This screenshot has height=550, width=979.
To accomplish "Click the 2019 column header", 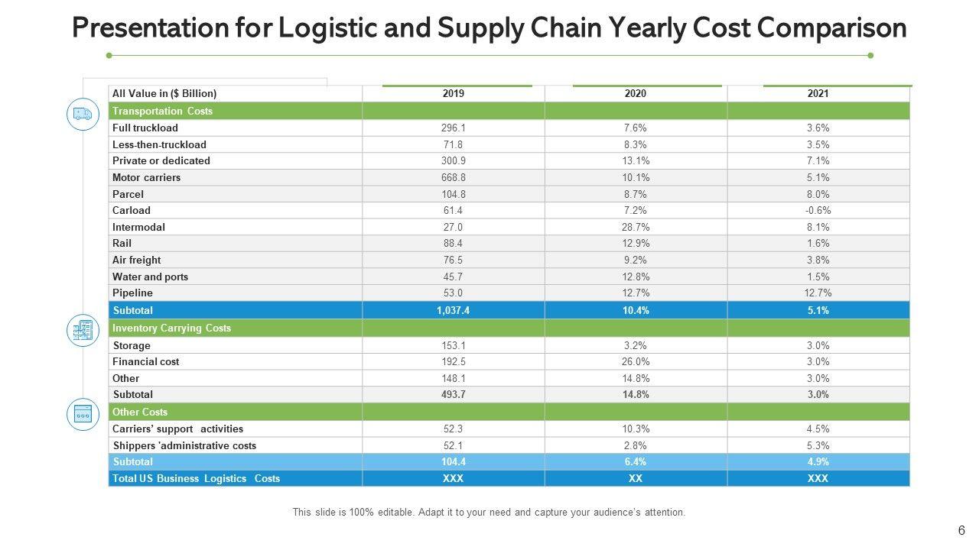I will [x=453, y=94].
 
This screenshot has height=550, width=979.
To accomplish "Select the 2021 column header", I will [x=818, y=94].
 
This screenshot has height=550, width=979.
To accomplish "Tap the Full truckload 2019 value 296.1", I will [x=453, y=128].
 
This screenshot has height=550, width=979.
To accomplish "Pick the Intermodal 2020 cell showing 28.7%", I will [x=635, y=228].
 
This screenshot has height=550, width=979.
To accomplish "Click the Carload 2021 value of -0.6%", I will [x=818, y=211].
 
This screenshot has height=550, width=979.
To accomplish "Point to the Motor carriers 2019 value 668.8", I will [x=453, y=178].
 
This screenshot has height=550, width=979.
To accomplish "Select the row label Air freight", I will [x=136, y=260].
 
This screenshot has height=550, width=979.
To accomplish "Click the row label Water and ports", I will [x=150, y=277].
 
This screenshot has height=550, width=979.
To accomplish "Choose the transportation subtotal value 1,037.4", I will [x=453, y=311].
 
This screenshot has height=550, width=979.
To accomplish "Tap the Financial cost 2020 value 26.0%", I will [x=635, y=362].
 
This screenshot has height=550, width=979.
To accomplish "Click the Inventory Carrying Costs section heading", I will [x=171, y=328].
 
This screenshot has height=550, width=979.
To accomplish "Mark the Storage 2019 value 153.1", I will [x=453, y=346].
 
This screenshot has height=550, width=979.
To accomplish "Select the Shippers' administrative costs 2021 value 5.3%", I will [x=818, y=446].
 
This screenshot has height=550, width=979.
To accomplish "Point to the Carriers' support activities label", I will [x=177, y=429].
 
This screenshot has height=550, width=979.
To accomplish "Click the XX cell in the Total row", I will [x=635, y=479].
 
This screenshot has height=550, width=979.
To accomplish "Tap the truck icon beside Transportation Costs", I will [x=83, y=115].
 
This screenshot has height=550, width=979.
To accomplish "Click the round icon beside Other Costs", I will [x=83, y=414].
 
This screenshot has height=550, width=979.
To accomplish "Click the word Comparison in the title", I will [x=832, y=28].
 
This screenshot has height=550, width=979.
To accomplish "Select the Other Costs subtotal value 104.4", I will [x=453, y=462].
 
